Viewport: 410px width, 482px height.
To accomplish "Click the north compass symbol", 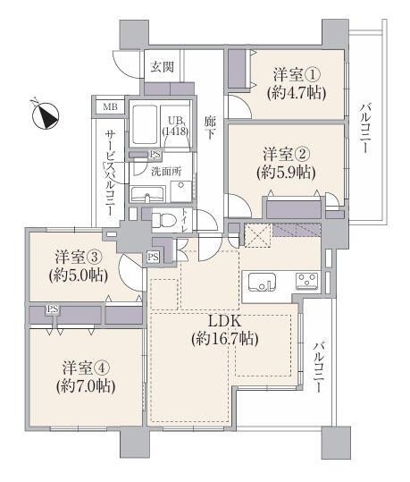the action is coord(46,115).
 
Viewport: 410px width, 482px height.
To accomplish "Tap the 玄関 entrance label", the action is coord(163,67).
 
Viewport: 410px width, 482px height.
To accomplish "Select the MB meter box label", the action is coord(110,107).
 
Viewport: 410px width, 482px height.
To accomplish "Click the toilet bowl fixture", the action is coord(164,220).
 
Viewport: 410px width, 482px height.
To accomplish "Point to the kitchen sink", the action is coord(262,282).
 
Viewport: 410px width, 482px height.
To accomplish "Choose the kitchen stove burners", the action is coord(307,282).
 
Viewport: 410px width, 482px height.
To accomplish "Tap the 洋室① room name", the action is coord(297,75).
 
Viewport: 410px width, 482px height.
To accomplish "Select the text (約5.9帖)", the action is coord(286,173).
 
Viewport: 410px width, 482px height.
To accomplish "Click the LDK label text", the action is coord(224,322).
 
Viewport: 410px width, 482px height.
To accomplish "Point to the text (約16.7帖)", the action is coord(225,339).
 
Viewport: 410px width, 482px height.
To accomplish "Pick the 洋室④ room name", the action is coord(86,368).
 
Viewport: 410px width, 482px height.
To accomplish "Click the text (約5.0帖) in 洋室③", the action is coord(79,275).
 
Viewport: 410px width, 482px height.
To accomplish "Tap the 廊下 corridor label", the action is coord(210,129).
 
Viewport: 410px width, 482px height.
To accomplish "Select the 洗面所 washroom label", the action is coord(166,172).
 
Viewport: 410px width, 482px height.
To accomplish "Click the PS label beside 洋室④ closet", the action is coord(52,309).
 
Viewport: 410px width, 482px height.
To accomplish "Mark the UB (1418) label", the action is coord(175,126).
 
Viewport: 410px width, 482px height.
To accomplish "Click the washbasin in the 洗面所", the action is coord(146,195).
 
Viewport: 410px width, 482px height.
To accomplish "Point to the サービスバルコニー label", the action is coord(110,173).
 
